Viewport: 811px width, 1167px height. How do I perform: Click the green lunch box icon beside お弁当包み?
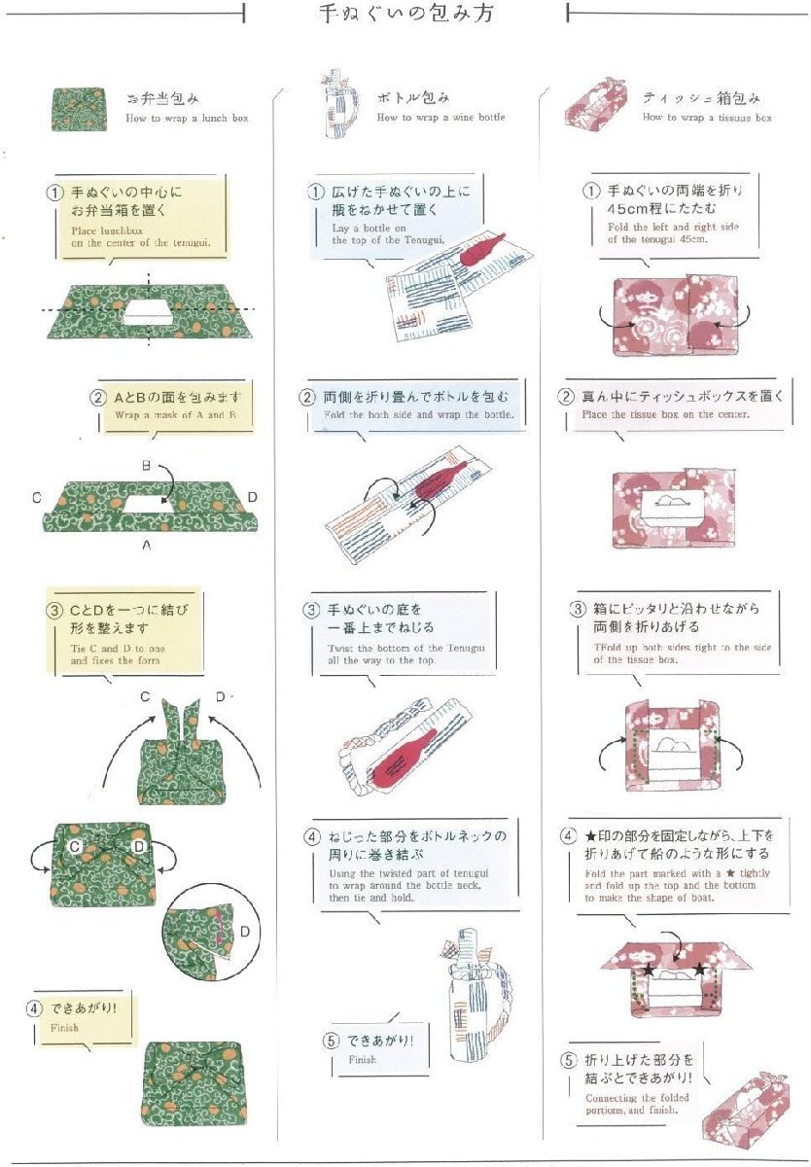[80, 108]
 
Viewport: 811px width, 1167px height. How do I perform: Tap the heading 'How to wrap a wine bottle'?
[441, 118]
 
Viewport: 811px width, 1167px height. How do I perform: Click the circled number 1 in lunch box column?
[55, 192]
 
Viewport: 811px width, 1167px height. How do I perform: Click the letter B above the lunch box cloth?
[146, 467]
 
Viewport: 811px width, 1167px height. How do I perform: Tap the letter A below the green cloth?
[146, 547]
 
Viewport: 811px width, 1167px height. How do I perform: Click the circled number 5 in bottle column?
[332, 1041]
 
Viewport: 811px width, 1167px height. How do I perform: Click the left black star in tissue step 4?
[648, 970]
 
